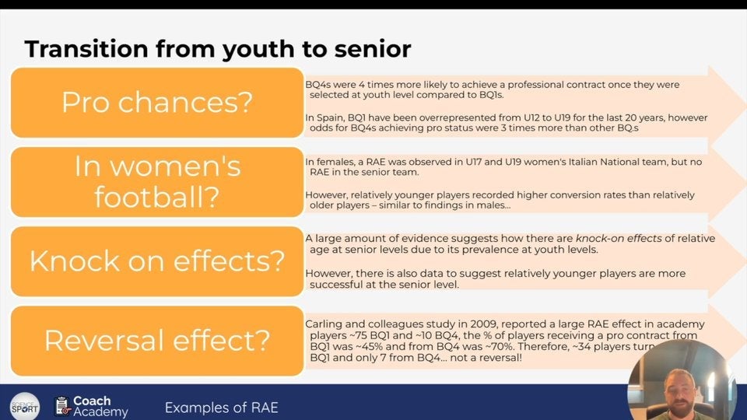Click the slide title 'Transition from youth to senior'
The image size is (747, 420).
click(218, 49)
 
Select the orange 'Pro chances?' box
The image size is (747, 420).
click(157, 103)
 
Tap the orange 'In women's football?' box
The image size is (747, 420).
click(157, 181)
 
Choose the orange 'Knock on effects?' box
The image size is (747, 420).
click(157, 261)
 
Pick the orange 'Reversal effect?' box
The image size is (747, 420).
click(157, 340)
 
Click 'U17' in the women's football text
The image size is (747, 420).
click(479, 161)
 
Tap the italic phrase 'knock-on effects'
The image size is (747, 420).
click(616, 239)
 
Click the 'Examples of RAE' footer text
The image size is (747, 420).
click(221, 408)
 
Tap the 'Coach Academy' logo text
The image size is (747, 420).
click(100, 406)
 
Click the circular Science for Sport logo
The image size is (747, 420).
click(24, 406)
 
